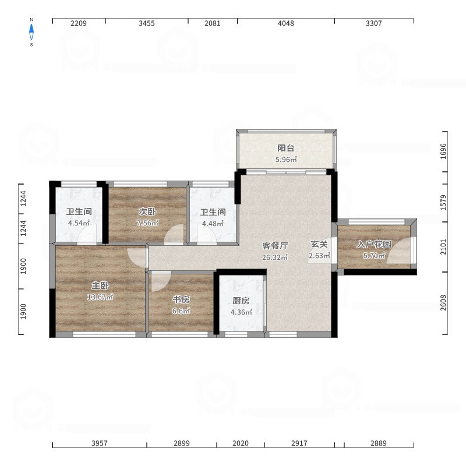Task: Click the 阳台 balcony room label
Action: tap(286, 148)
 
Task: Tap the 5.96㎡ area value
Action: tap(286, 160)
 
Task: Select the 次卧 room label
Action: tap(147, 211)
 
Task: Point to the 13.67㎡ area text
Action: tap(100, 297)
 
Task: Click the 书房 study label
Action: tap(181, 299)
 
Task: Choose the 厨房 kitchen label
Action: tap(241, 301)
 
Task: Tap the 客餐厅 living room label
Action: tap(275, 246)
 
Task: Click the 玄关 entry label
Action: tap(319, 244)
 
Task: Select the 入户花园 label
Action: tap(374, 244)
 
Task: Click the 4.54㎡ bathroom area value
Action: tap(79, 223)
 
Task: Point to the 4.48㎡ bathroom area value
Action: tap(213, 224)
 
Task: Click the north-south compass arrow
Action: tap(31, 32)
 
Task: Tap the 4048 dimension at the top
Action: tap(286, 23)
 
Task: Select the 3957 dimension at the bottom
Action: tap(100, 443)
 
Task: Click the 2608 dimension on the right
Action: tap(443, 303)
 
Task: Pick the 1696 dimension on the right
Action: tap(443, 151)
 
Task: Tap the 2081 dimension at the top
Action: tap(213, 23)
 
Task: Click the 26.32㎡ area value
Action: tap(275, 257)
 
